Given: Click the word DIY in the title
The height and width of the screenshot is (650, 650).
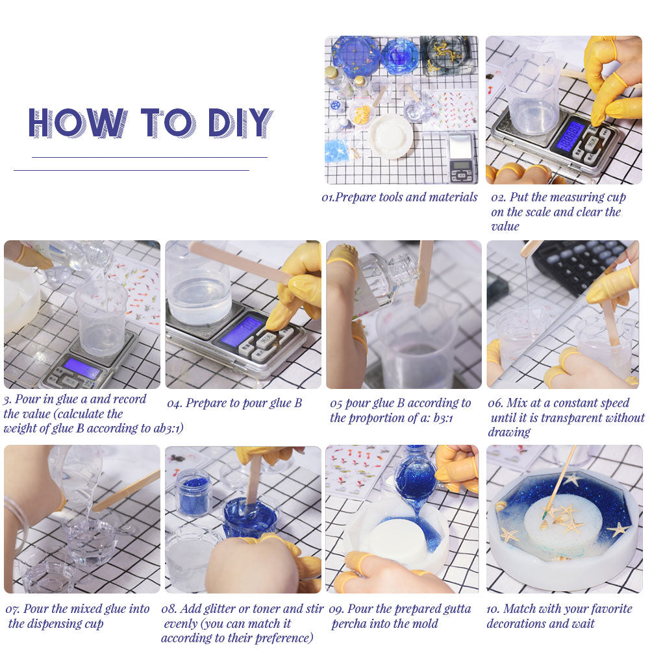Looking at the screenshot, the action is click(240, 123).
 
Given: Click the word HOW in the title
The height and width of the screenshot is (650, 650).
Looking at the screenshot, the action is click(78, 123).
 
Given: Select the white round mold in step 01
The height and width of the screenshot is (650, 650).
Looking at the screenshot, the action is click(390, 136).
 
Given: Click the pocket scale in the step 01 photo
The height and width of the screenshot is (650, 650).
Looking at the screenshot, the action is click(462, 158).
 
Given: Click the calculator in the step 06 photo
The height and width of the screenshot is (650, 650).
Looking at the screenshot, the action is click(581, 266).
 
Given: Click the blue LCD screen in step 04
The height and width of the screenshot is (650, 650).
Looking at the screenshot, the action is click(242, 331).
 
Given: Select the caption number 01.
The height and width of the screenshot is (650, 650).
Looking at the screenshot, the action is click(327, 197).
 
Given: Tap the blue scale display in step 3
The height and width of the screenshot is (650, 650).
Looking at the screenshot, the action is click(82, 368).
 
